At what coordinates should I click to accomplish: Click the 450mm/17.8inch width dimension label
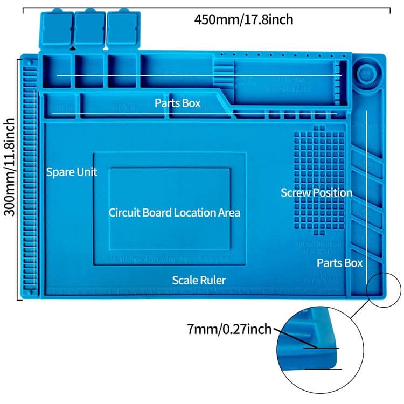coord(243,20)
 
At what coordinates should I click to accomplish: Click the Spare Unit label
coord(72,172)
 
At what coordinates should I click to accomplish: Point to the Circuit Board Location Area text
coord(174,212)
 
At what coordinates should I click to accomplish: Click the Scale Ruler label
coord(199,280)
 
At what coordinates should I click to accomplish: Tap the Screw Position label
coord(316,192)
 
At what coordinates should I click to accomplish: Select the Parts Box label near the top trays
coord(177,103)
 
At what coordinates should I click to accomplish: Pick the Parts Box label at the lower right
coord(339,263)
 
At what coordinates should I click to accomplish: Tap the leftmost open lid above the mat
coord(55,30)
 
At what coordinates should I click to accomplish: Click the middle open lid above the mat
coord(89,30)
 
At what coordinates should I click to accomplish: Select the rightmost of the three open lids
coord(122,30)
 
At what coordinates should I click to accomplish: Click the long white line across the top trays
coord(199,76)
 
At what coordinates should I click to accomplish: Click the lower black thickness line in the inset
coord(323,369)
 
